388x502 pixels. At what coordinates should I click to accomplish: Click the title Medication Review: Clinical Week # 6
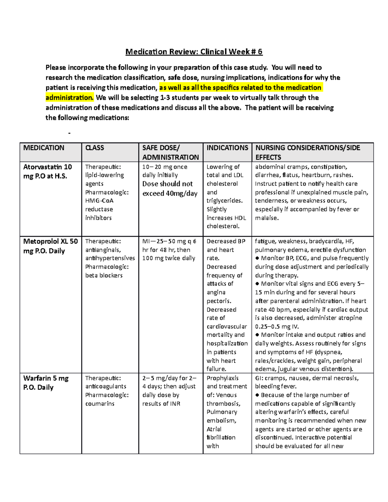tap(194, 52)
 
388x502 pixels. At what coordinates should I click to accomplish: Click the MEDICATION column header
tap(44, 148)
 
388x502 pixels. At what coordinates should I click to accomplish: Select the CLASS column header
tap(94, 148)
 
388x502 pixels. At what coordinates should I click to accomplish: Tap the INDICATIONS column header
tap(227, 148)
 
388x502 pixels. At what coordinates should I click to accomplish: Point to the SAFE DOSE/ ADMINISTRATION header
tap(170, 153)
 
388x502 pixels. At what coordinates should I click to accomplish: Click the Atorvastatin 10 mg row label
tap(47, 172)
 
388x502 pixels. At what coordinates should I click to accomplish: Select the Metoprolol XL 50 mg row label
tap(50, 246)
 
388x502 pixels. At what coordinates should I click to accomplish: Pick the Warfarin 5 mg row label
tap(46, 383)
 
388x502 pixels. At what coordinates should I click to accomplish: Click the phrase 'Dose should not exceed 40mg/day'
tap(169, 189)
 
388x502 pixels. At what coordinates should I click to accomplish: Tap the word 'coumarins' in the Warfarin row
tap(100, 404)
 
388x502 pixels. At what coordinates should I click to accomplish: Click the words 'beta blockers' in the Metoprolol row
tap(104, 275)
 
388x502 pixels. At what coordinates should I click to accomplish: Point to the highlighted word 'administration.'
tap(70, 98)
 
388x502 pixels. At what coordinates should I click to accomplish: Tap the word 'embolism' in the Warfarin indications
tap(221, 421)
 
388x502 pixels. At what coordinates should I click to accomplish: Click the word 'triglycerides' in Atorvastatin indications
tap(224, 201)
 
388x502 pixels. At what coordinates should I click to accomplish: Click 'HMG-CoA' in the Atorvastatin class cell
tap(99, 201)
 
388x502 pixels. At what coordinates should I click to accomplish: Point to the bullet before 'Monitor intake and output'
tap(257, 335)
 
